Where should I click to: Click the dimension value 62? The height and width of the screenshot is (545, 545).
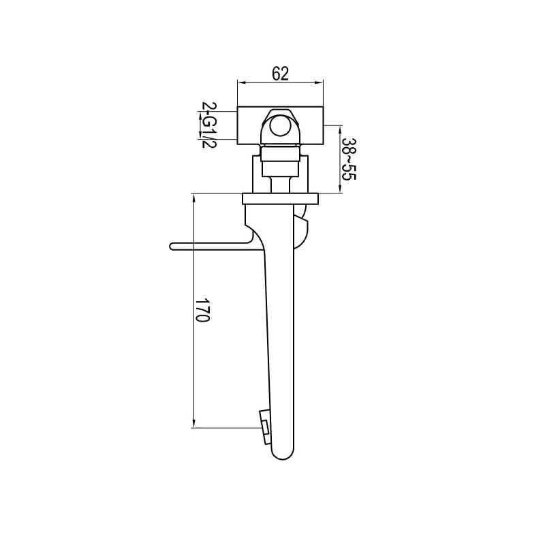click(x=281, y=74)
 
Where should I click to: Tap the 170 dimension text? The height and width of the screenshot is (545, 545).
click(x=202, y=310)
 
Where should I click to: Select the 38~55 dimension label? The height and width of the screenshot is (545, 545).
click(x=349, y=159)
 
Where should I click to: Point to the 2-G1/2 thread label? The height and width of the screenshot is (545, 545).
click(x=209, y=125)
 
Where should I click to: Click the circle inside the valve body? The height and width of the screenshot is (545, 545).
click(x=280, y=127)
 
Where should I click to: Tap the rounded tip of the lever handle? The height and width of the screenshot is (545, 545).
click(x=172, y=247)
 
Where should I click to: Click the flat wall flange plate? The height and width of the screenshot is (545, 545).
click(x=280, y=198)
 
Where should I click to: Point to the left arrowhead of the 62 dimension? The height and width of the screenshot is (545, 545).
click(x=241, y=82)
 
